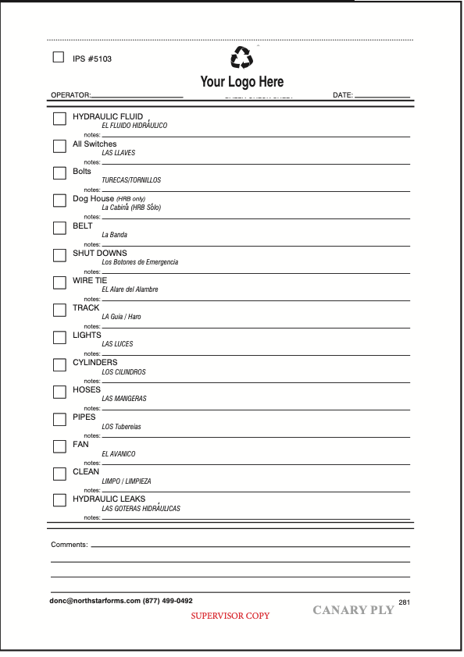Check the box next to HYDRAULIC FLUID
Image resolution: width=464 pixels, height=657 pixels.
click(59, 119)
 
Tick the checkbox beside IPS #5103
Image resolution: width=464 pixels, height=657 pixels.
click(59, 57)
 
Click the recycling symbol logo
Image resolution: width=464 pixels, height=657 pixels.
click(242, 58)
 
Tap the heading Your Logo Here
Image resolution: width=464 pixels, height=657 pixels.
click(242, 82)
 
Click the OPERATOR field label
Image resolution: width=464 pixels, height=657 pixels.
click(70, 95)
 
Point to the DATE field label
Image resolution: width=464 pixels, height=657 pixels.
click(343, 95)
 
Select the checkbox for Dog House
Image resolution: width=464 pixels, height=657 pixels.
click(59, 201)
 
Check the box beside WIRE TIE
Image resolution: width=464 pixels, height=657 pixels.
click(59, 282)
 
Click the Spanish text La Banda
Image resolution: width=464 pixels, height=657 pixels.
click(114, 235)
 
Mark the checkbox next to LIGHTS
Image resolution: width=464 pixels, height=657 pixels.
click(59, 337)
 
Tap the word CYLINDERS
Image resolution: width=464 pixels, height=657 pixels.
click(95, 363)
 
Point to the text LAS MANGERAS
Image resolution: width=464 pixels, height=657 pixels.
click(124, 399)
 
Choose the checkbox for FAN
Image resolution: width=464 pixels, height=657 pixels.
click(59, 446)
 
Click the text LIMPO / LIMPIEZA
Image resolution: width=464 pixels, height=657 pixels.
click(127, 481)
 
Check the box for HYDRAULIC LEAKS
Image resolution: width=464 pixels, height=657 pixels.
click(59, 500)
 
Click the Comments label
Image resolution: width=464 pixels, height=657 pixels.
click(69, 545)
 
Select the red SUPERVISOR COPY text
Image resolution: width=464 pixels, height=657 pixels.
click(230, 616)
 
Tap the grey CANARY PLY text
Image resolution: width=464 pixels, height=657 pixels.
click(353, 610)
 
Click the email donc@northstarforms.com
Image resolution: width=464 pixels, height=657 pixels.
click(95, 601)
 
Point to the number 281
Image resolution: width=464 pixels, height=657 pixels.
click(404, 602)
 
